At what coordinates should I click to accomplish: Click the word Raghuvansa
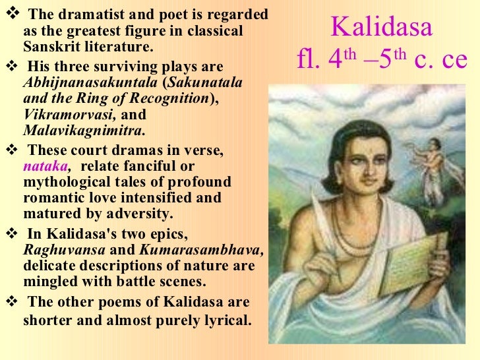[64, 251]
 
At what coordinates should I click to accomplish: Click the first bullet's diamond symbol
[8, 13]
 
